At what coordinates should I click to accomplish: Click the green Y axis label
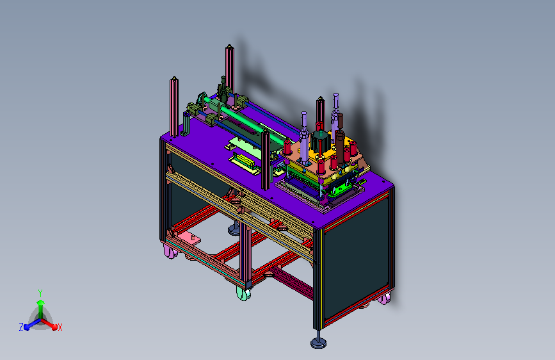click(40, 293)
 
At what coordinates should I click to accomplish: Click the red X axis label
click(60, 328)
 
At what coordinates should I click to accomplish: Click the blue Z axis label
click(21, 327)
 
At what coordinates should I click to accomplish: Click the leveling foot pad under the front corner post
click(319, 343)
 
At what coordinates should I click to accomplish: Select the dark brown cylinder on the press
click(341, 139)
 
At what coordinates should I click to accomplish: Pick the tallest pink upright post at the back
click(230, 69)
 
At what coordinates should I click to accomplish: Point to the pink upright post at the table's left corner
click(173, 107)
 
